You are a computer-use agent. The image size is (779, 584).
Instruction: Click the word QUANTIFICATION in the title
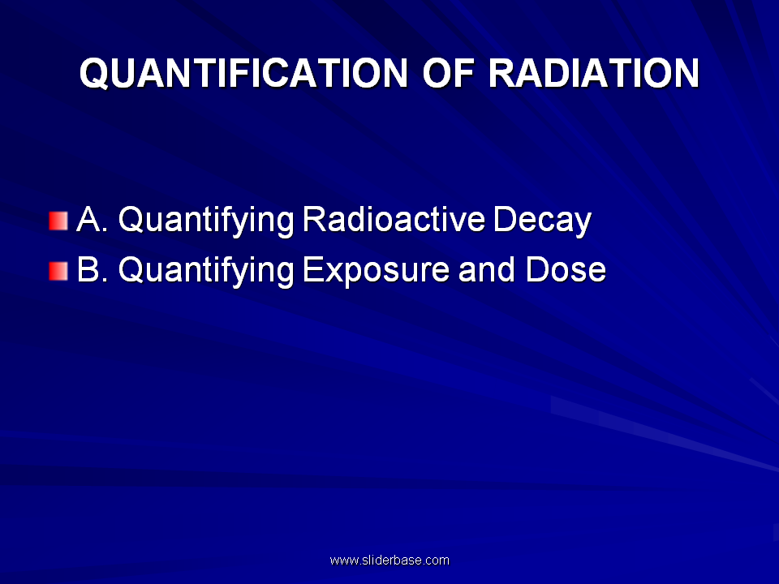click(x=243, y=74)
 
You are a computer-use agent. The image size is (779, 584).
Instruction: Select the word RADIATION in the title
click(x=594, y=73)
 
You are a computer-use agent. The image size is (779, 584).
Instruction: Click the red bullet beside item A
click(x=58, y=221)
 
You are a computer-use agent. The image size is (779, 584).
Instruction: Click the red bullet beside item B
click(x=58, y=271)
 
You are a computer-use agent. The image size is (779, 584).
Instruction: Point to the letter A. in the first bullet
click(x=93, y=219)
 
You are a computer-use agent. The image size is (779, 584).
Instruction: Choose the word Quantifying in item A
click(x=206, y=221)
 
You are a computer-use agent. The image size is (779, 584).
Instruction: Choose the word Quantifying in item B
click(x=206, y=273)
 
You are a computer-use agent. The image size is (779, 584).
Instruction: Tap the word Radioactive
click(x=394, y=219)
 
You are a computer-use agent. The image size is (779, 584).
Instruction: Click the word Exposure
click(x=376, y=273)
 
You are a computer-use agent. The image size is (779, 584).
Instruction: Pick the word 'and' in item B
click(x=486, y=269)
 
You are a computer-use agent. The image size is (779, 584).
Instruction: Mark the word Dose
click(x=566, y=269)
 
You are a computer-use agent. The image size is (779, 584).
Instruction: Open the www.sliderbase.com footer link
click(x=389, y=560)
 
